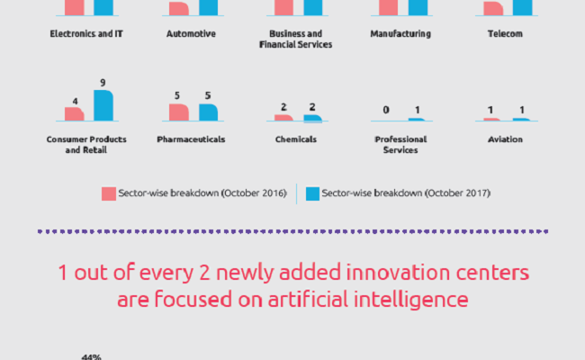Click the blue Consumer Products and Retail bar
click(103, 105)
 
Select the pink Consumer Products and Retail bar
click(74, 114)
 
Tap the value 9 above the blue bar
click(103, 83)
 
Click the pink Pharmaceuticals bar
click(179, 112)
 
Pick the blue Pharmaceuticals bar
click(208, 112)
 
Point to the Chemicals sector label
click(296, 139)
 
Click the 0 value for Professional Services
click(386, 110)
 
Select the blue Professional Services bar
click(417, 120)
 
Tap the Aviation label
click(505, 139)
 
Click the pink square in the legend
click(109, 193)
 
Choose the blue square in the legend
click(312, 193)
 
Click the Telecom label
click(505, 33)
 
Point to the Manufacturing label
click(400, 33)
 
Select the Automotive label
click(191, 33)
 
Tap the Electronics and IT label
click(86, 33)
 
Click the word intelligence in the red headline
click(410, 300)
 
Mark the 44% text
click(92, 357)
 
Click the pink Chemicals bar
click(283, 118)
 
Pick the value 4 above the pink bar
click(75, 101)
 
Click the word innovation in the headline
click(398, 273)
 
